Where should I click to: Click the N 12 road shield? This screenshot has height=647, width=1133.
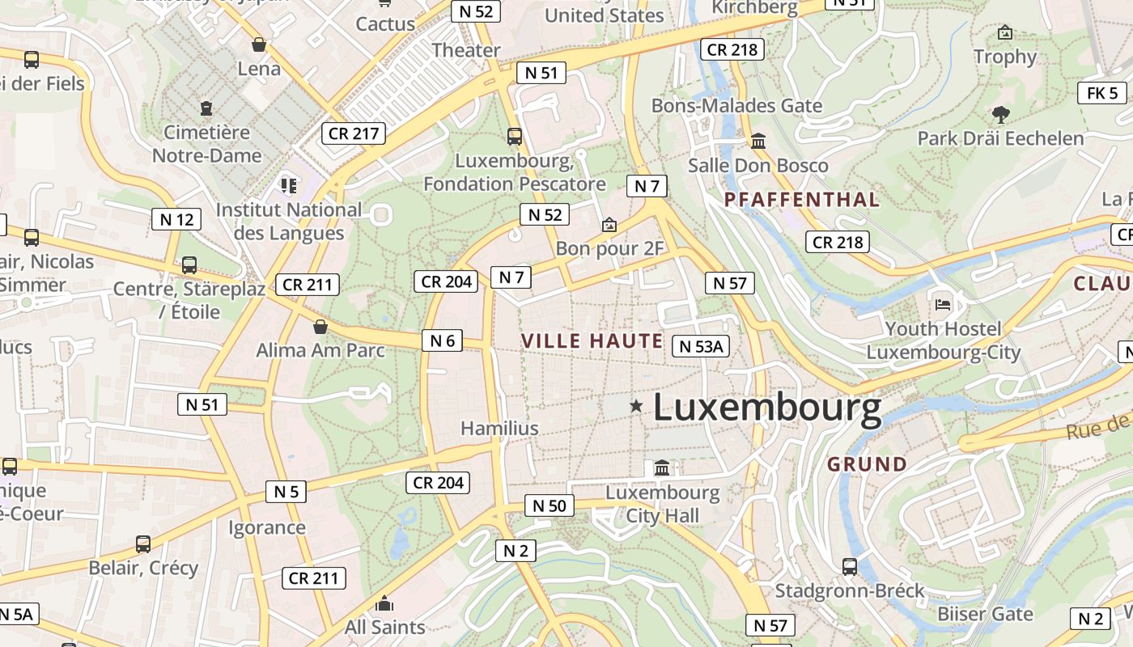(176, 219)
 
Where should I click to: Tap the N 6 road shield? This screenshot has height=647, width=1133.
(442, 340)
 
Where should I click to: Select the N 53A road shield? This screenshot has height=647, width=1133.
(701, 346)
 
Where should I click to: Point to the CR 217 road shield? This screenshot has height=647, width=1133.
(354, 133)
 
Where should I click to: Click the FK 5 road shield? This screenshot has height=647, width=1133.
(1102, 93)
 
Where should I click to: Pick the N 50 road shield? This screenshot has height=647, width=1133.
(550, 506)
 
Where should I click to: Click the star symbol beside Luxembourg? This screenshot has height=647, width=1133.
(637, 405)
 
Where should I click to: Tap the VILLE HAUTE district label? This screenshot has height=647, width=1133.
(592, 340)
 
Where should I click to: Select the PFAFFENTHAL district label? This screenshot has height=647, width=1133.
(801, 200)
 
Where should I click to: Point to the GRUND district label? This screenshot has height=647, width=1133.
(867, 464)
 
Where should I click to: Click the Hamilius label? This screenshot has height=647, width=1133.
(499, 429)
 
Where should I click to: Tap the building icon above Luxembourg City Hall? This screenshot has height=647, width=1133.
(662, 467)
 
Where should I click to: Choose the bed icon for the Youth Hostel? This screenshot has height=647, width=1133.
(943, 304)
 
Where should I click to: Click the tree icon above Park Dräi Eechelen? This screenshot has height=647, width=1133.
(1001, 115)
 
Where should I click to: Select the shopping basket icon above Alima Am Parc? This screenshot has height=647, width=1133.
(320, 327)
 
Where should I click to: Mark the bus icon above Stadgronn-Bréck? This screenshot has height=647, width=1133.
(850, 566)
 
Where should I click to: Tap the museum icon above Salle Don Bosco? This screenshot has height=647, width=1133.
(758, 142)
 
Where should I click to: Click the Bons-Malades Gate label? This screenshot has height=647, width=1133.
(736, 106)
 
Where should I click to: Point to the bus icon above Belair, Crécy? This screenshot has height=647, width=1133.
(143, 543)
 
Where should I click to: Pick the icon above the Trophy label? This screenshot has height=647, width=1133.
(1005, 32)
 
